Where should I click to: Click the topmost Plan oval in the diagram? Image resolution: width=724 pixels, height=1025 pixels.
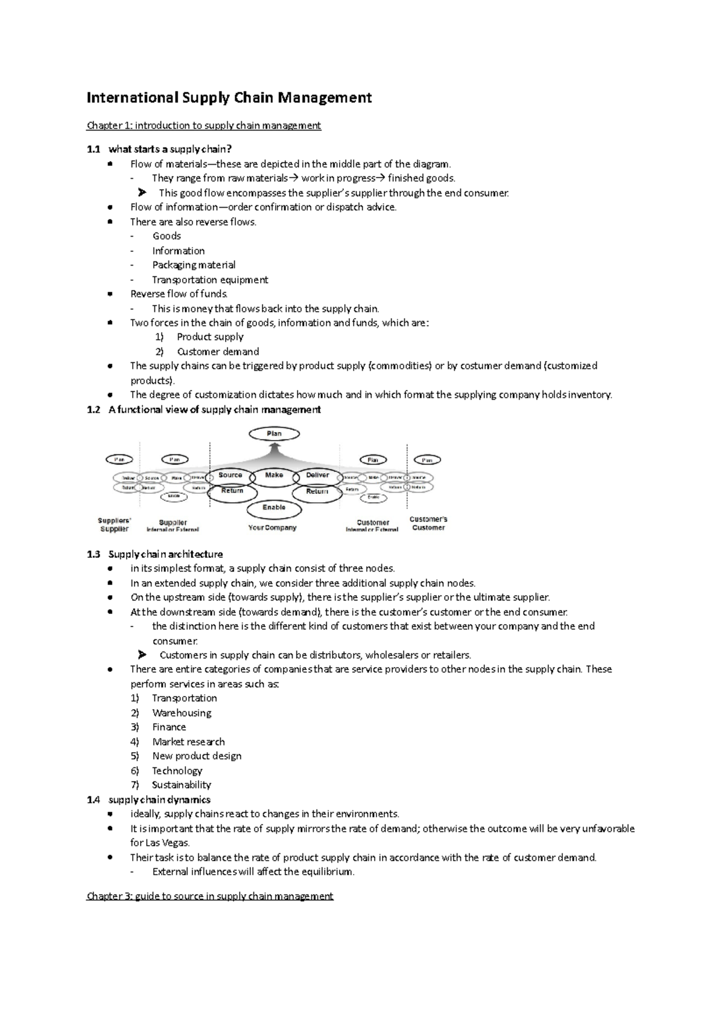(x=274, y=433)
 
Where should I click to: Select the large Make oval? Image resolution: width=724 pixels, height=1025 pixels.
(x=274, y=476)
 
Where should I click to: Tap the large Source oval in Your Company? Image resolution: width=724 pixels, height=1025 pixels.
(x=230, y=476)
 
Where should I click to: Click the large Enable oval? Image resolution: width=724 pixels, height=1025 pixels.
(x=274, y=508)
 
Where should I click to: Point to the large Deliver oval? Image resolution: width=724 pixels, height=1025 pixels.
(x=317, y=476)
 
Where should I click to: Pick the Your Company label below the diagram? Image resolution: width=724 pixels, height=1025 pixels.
(x=273, y=528)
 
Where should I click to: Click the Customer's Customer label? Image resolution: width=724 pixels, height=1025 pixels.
(x=428, y=523)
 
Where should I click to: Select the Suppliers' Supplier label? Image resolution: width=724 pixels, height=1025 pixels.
(x=114, y=525)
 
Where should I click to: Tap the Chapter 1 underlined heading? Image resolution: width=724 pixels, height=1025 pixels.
(x=204, y=126)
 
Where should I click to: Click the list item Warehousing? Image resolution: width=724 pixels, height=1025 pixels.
(x=182, y=713)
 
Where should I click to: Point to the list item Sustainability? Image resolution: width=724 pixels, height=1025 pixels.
(x=182, y=785)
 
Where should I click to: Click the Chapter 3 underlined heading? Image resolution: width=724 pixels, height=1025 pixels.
(x=210, y=896)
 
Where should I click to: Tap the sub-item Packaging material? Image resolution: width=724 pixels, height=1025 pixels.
(x=194, y=265)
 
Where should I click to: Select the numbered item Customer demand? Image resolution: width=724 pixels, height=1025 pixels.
(x=218, y=351)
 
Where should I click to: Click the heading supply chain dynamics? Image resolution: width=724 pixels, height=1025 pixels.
(x=159, y=800)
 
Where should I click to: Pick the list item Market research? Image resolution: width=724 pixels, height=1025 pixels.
(x=188, y=742)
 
